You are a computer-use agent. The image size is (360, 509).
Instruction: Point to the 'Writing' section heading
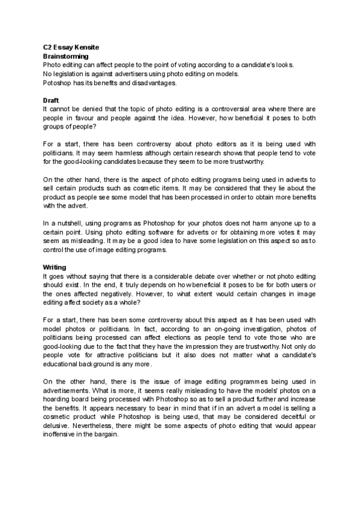coord(54,267)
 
